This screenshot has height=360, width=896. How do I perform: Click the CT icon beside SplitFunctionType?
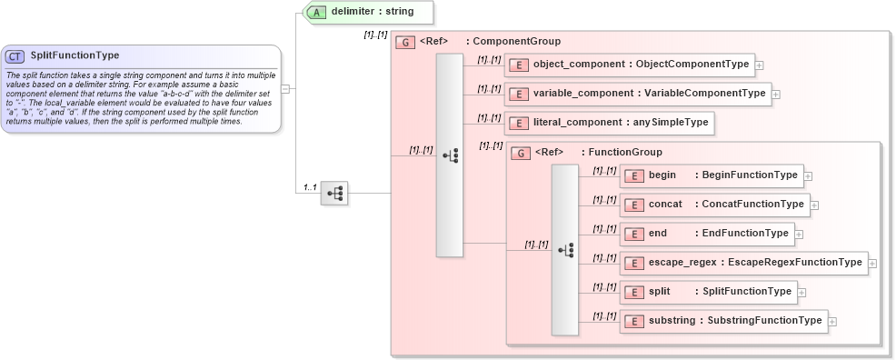click(15, 56)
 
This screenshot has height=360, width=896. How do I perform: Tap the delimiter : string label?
click(373, 13)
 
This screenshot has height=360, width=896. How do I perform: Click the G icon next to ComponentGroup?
click(406, 42)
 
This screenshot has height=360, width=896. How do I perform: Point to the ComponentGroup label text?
click(516, 42)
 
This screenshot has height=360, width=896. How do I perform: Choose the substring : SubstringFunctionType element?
click(723, 321)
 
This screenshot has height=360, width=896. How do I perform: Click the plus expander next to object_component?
click(760, 65)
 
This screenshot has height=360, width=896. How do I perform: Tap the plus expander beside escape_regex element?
click(872, 264)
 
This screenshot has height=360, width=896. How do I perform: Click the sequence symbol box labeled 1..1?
click(334, 193)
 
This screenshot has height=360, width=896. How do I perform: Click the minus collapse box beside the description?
click(285, 89)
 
